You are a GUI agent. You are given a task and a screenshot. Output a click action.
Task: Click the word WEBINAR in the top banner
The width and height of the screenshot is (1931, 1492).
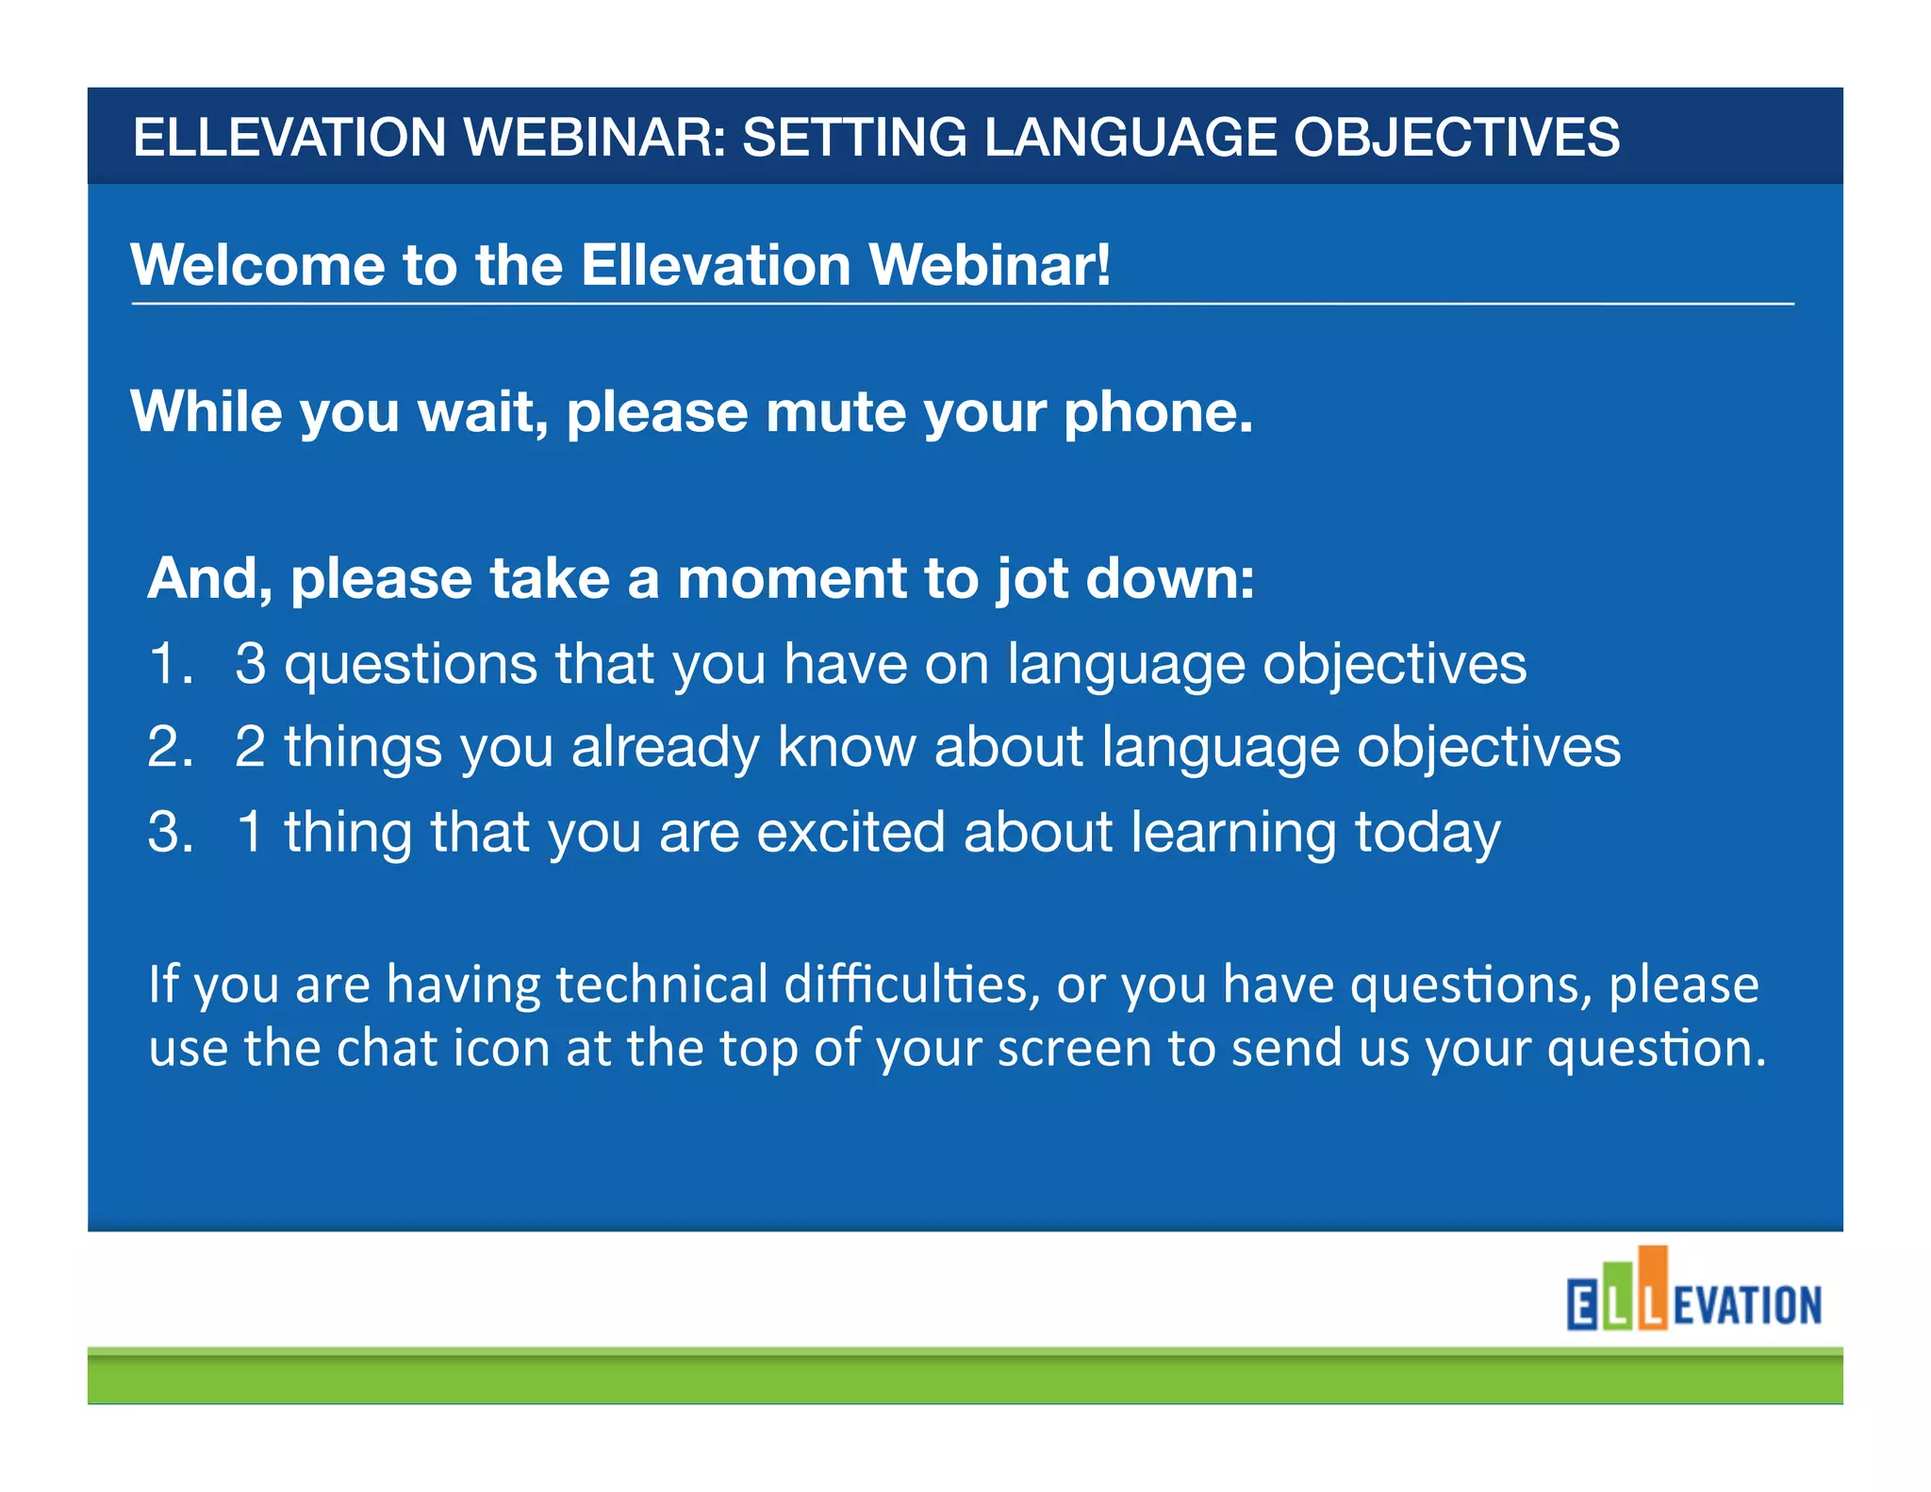(594, 138)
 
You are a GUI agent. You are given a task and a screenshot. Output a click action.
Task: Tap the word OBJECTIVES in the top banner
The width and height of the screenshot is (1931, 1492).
(1456, 138)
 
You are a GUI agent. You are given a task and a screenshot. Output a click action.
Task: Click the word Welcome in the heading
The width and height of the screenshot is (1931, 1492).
(257, 265)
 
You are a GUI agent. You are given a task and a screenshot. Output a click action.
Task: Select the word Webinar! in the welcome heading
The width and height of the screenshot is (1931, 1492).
(989, 265)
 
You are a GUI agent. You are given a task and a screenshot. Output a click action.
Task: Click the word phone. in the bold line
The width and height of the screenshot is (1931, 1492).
(1158, 413)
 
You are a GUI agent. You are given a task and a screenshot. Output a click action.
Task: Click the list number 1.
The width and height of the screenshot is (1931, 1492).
(170, 664)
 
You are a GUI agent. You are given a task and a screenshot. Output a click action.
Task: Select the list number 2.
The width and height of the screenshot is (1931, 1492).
(170, 748)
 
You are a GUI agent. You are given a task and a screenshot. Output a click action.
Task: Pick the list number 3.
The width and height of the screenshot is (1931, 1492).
(170, 833)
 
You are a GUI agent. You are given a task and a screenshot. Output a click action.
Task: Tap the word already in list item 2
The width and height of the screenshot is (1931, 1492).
(666, 749)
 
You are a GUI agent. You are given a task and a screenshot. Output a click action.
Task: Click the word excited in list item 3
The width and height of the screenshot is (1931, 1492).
(850, 833)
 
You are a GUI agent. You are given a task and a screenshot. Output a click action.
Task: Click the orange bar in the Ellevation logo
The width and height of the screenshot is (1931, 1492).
(1652, 1287)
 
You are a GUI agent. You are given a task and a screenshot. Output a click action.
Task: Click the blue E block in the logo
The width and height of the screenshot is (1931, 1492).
(1582, 1305)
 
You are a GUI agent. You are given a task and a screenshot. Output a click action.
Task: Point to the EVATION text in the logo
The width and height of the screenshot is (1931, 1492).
(1747, 1306)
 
